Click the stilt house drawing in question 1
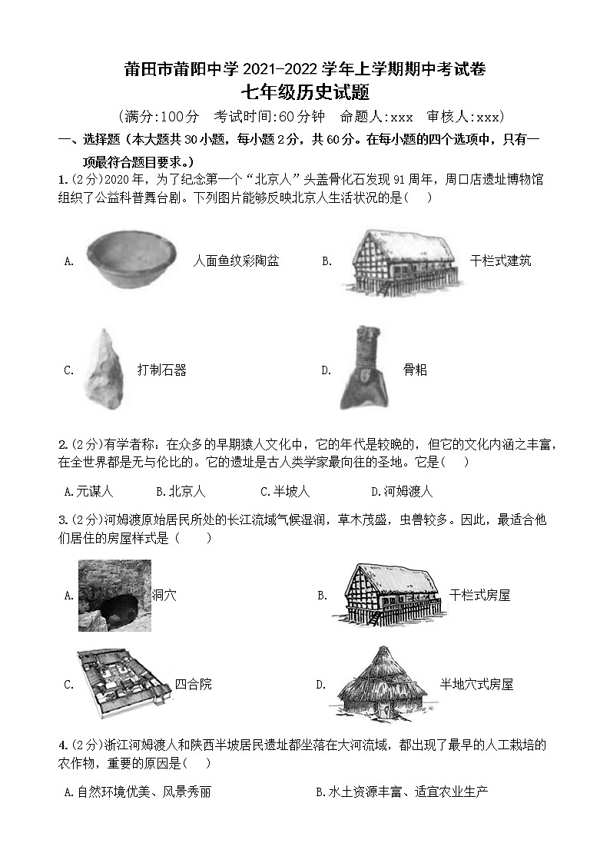[400, 261]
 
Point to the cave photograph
[114, 596]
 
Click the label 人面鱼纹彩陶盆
[236, 261]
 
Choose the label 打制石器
[161, 370]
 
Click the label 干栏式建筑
[500, 261]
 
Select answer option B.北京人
[181, 491]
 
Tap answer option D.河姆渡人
[401, 491]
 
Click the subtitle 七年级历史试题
[305, 93]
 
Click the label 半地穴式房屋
[476, 684]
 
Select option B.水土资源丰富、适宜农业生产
[402, 792]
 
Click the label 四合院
[193, 684]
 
